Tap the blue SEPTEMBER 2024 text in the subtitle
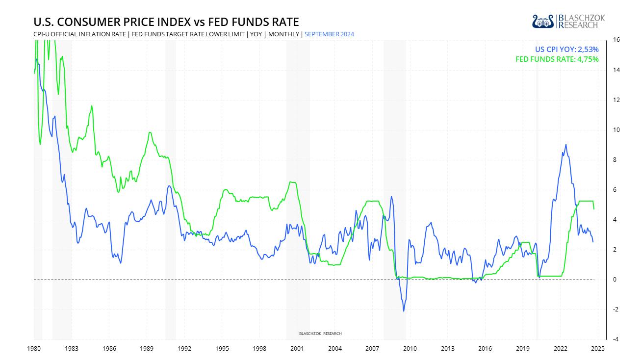(x=329, y=34)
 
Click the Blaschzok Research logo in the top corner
(x=568, y=21)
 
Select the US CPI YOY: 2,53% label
(x=566, y=49)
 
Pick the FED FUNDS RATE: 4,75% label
(x=557, y=59)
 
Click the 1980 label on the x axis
(x=34, y=349)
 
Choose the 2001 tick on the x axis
(x=297, y=349)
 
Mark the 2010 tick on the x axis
(x=410, y=349)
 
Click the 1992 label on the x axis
(x=184, y=349)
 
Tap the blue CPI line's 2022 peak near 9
(x=566, y=145)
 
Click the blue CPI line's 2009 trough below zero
(x=404, y=311)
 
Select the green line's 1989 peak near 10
(x=150, y=132)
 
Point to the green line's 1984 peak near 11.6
(x=92, y=106)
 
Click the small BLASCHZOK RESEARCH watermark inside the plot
(x=320, y=334)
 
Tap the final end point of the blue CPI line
(x=593, y=242)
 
